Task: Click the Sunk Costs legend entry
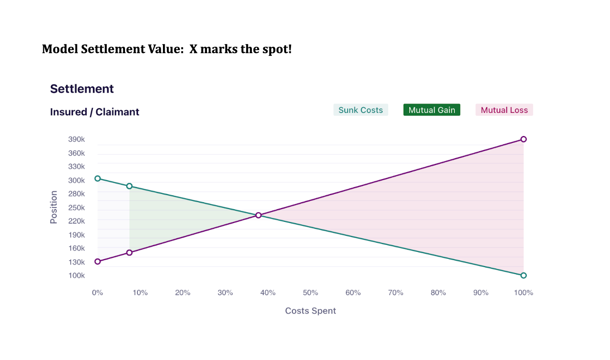(x=360, y=110)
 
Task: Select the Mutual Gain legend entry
(x=431, y=110)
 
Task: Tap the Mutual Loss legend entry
(x=504, y=110)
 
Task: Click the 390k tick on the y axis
(x=76, y=139)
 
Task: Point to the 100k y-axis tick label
(x=76, y=275)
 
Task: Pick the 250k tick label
(x=76, y=207)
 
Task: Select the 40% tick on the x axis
(x=268, y=292)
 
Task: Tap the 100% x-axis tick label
(x=523, y=292)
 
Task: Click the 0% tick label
(x=97, y=292)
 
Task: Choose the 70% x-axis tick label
(x=396, y=292)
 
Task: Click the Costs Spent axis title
(x=311, y=311)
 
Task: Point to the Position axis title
(x=54, y=207)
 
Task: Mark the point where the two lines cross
(x=258, y=215)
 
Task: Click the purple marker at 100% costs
(x=523, y=139)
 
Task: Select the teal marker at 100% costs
(x=523, y=275)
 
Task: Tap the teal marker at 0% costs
(x=98, y=178)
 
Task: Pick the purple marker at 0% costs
(x=98, y=262)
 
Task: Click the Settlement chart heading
(x=82, y=89)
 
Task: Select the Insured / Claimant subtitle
(x=95, y=112)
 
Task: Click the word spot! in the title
(x=277, y=49)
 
